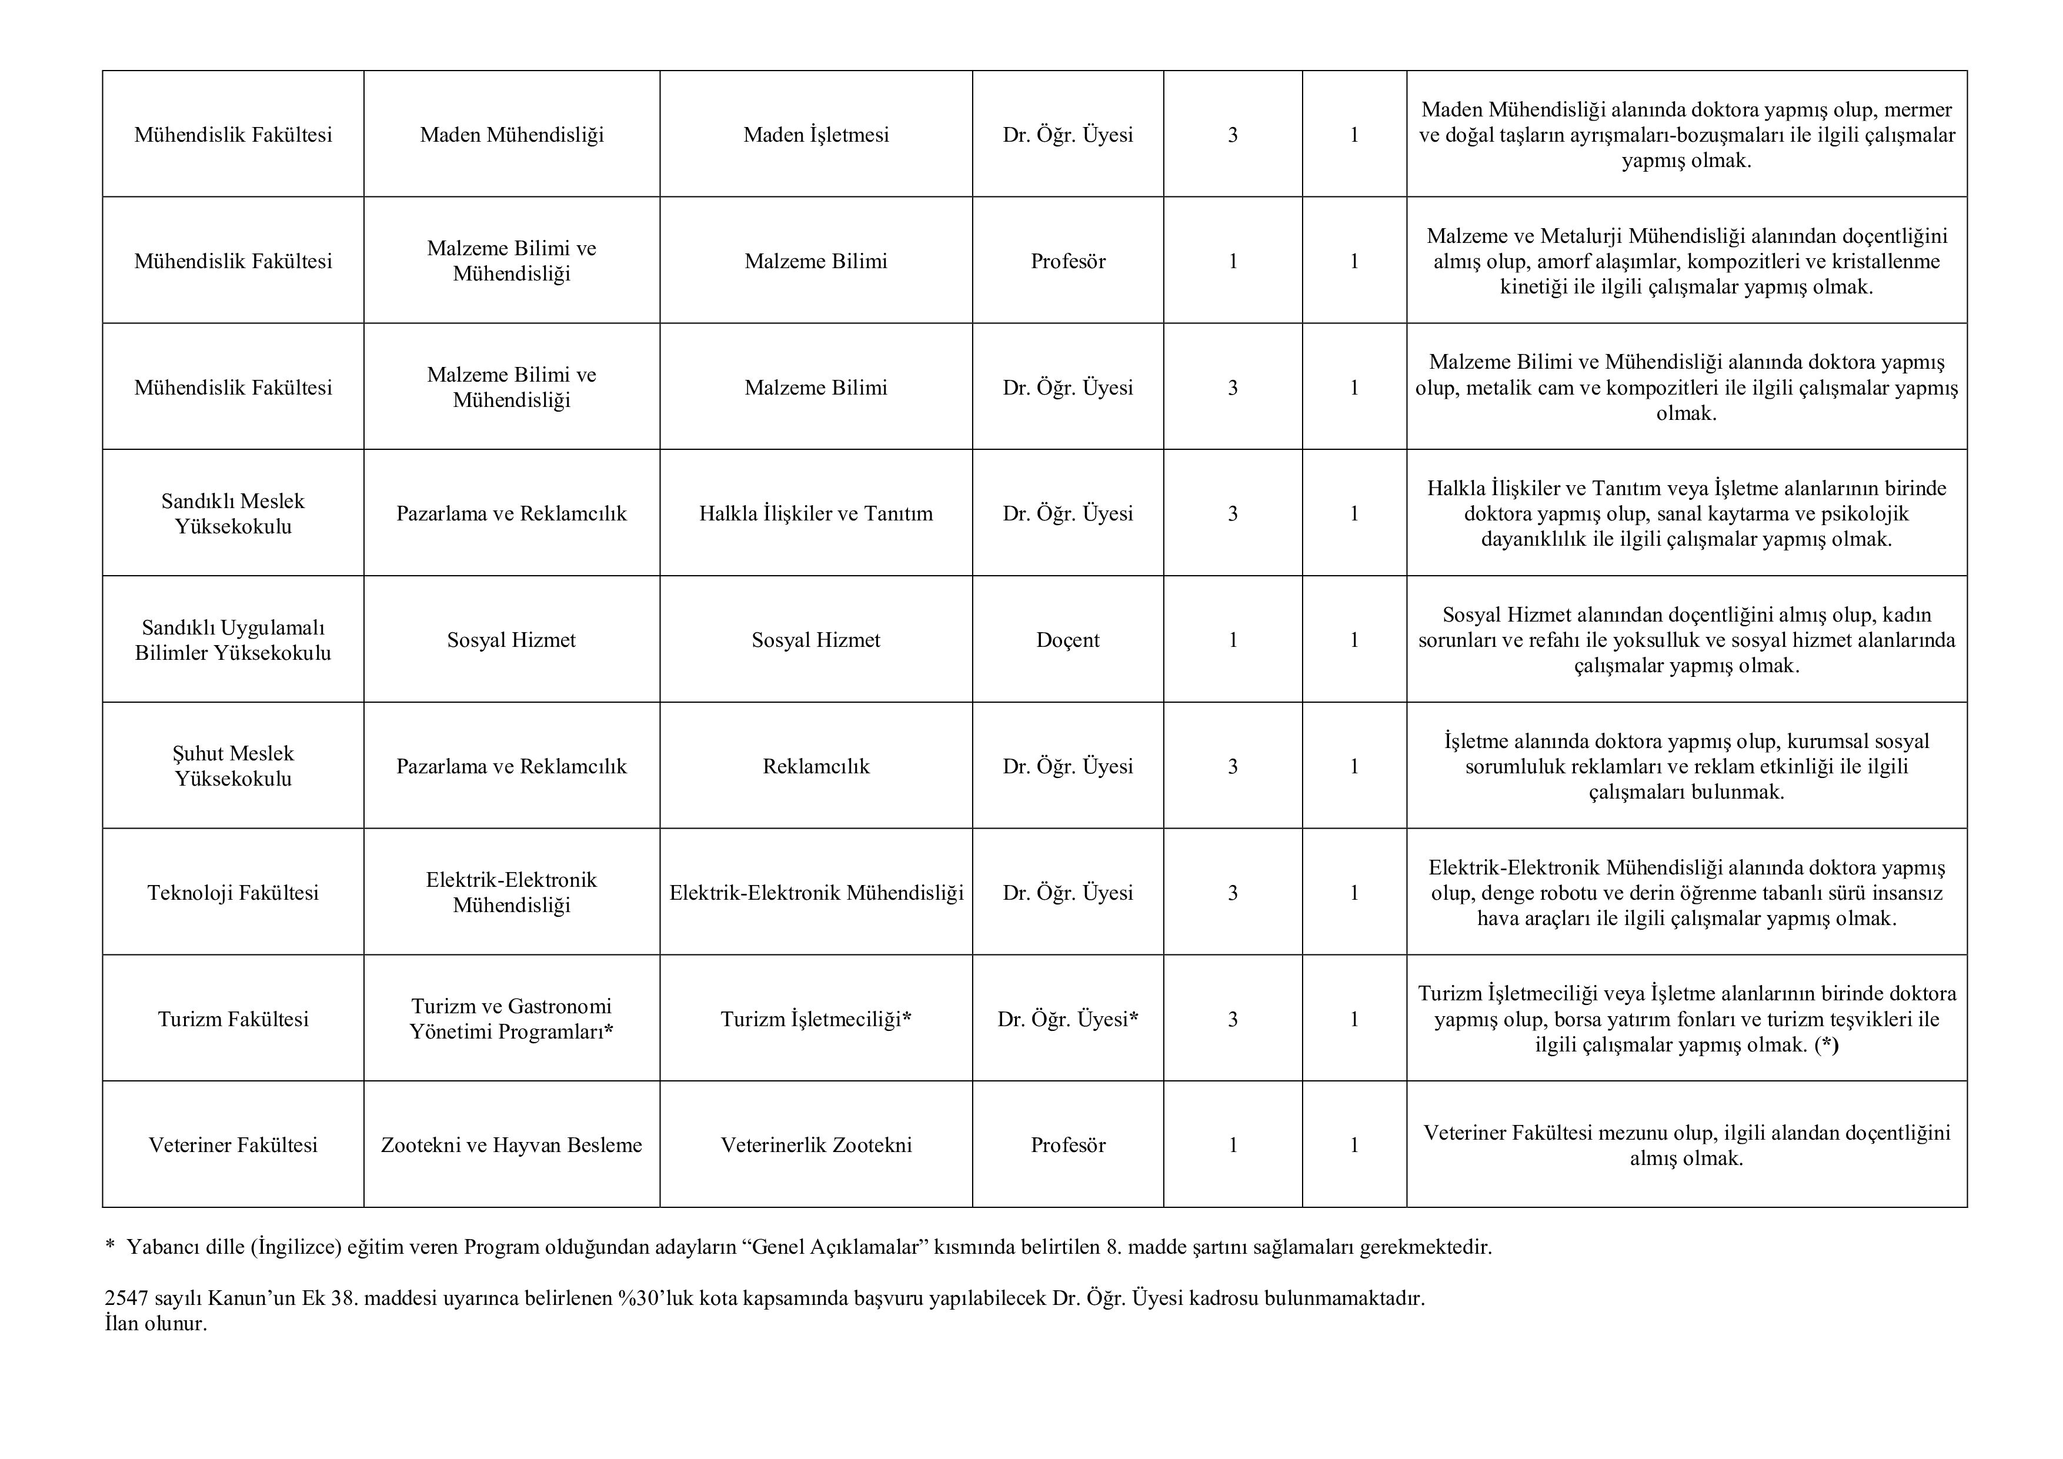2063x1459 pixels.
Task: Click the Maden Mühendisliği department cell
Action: click(x=511, y=135)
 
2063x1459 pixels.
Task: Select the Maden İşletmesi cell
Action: click(x=816, y=135)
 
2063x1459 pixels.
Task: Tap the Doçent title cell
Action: click(x=1067, y=640)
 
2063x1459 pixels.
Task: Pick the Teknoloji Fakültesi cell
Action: click(x=233, y=892)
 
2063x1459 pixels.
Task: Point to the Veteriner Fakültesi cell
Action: click(x=233, y=1144)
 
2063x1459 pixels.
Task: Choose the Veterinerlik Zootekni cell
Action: click(x=816, y=1144)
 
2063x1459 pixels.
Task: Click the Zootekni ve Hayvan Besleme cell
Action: click(x=511, y=1144)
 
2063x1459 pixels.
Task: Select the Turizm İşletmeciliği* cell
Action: click(x=816, y=1019)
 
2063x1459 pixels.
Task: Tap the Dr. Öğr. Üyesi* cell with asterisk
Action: click(x=1067, y=1019)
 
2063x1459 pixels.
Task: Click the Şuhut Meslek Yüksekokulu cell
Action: click(x=233, y=766)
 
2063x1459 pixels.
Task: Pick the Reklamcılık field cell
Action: click(x=816, y=766)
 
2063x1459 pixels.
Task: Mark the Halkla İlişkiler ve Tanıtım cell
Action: click(x=816, y=513)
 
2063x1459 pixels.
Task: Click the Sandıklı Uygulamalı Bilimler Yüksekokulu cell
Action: click(x=233, y=640)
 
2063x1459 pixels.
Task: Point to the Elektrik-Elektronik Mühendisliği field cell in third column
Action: click(x=816, y=892)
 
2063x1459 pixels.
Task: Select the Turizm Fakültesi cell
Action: click(x=233, y=1019)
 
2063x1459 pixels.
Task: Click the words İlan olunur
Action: click(x=155, y=1323)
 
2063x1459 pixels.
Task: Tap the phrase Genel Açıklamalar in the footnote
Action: click(x=840, y=1247)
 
